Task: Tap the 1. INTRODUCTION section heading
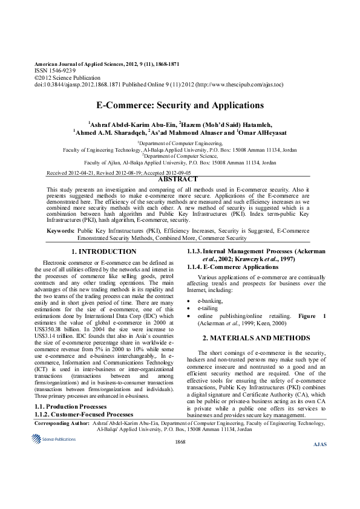[x=103, y=251]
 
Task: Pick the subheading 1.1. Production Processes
[x=73, y=407]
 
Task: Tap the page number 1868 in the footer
[x=180, y=443]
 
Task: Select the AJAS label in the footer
[x=319, y=445]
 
